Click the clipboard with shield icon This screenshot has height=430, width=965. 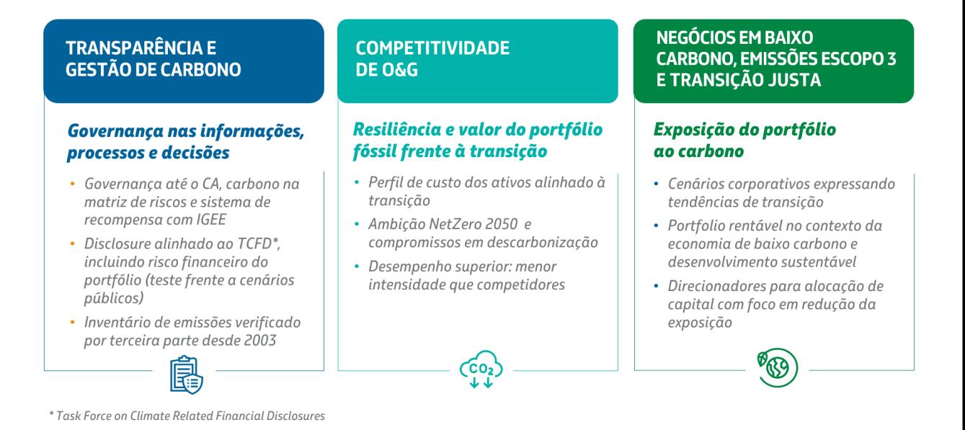(186, 375)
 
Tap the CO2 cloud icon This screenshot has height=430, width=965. (481, 369)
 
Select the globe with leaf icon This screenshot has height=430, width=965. (778, 367)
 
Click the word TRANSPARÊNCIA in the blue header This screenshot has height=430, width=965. (135, 48)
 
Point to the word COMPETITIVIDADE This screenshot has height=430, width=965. (432, 48)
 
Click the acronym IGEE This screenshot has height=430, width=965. (211, 220)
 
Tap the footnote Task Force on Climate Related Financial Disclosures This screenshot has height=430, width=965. (190, 416)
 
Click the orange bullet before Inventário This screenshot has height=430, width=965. (72, 321)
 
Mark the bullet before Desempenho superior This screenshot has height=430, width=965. (357, 266)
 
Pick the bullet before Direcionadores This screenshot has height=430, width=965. (656, 285)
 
